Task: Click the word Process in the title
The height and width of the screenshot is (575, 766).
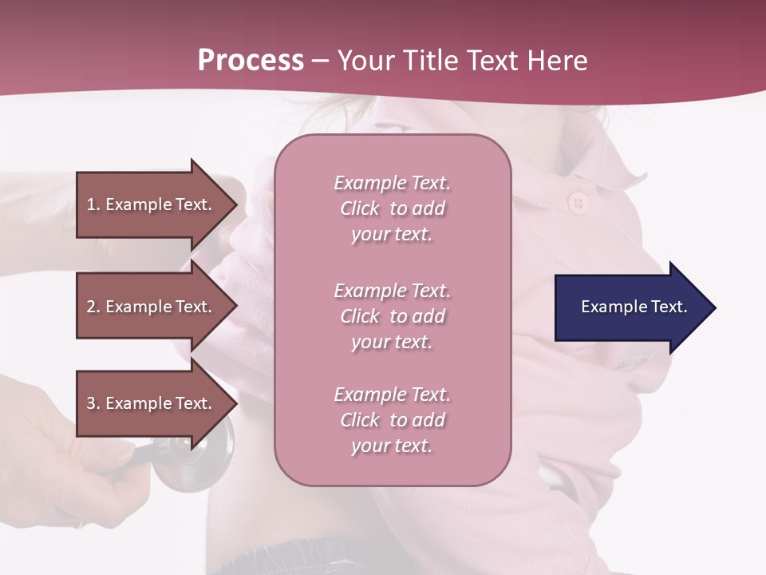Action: (x=251, y=61)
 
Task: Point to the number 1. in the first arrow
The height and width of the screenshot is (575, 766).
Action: (x=93, y=204)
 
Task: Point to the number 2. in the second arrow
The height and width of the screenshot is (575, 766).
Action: (x=93, y=307)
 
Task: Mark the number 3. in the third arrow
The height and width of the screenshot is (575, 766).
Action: (x=93, y=403)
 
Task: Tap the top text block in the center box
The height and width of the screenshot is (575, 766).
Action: (x=392, y=208)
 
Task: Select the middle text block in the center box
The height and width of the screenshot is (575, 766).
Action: (x=392, y=316)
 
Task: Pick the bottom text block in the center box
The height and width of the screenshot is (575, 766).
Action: (x=392, y=420)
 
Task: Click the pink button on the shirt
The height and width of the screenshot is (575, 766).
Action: (x=578, y=203)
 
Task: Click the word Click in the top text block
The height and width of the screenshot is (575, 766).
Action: (x=360, y=208)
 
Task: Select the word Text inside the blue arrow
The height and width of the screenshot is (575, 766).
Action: (x=669, y=307)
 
